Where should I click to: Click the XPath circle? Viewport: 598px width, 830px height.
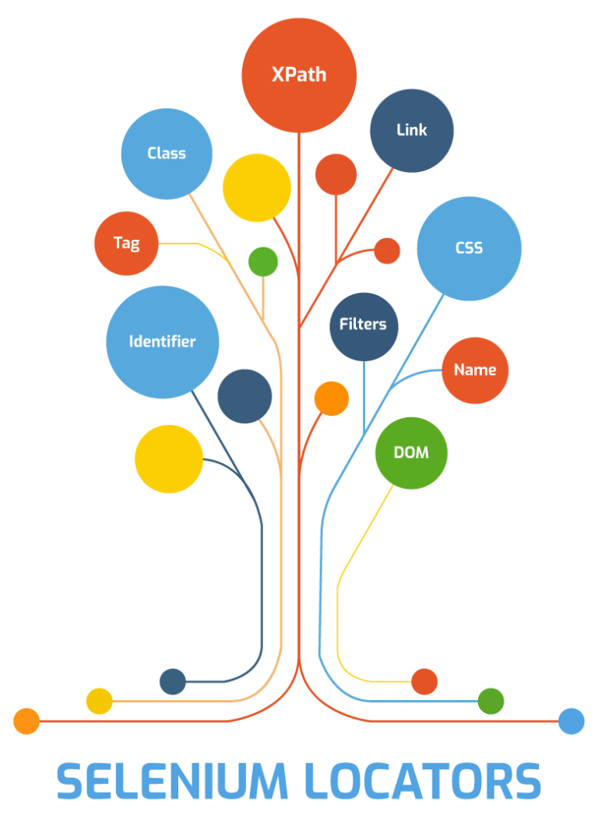(299, 75)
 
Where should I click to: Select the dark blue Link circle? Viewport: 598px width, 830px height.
(411, 130)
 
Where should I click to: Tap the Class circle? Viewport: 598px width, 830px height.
(167, 153)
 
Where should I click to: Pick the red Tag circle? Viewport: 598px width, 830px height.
(126, 243)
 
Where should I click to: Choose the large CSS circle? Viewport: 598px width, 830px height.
(469, 248)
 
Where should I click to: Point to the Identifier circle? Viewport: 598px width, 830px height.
(162, 342)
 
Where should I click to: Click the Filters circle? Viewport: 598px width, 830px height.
(364, 325)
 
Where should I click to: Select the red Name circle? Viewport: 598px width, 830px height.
(475, 371)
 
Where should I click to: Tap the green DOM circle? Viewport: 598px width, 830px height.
(411, 452)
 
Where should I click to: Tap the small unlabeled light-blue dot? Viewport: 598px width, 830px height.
(572, 721)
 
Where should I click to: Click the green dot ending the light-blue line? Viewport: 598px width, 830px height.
(491, 702)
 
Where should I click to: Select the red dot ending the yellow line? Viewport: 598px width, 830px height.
(424, 681)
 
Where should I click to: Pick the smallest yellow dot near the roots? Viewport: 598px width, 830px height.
(100, 701)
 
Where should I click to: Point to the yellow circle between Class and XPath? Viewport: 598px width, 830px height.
(257, 188)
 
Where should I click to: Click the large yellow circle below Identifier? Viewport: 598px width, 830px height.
(169, 459)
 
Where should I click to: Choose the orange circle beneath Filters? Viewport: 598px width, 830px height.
(332, 398)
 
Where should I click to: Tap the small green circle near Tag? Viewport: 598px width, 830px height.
(263, 262)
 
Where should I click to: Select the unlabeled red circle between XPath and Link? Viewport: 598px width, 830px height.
(336, 174)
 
